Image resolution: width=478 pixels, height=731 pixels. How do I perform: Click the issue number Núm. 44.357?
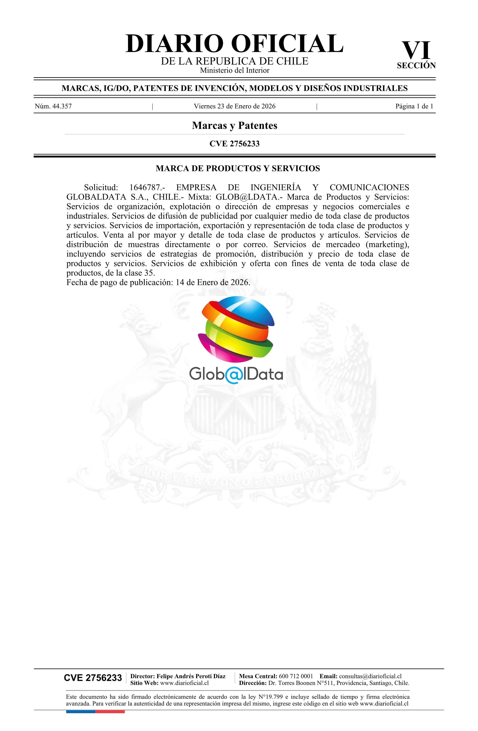(53, 106)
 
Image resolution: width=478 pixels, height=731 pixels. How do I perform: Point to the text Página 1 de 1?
(414, 106)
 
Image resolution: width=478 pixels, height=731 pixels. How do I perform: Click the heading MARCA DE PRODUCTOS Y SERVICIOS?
(238, 168)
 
